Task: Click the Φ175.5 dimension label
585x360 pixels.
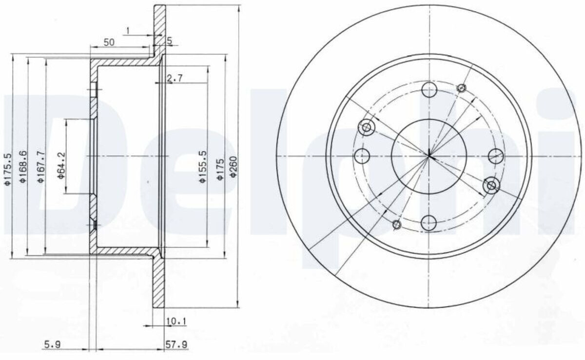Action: (x=8, y=169)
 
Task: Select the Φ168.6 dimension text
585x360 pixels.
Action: (x=23, y=166)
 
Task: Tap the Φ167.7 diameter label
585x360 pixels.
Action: (x=41, y=166)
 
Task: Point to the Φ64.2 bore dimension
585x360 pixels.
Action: (x=61, y=166)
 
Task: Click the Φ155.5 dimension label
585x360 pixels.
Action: (x=203, y=166)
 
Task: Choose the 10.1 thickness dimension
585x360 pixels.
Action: (x=176, y=321)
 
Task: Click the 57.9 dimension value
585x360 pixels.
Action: (x=176, y=344)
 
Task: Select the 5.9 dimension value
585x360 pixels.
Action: (x=53, y=344)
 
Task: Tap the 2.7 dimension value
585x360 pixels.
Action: (x=175, y=78)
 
